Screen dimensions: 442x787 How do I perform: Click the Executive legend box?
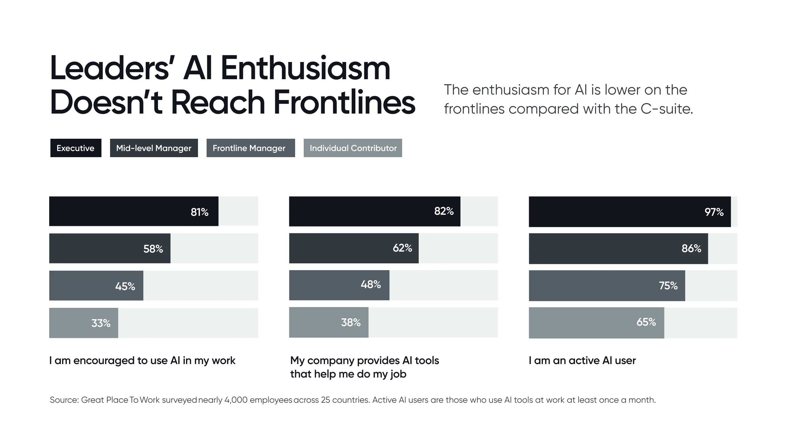pyautogui.click(x=76, y=148)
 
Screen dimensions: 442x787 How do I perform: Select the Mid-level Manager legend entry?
pyautogui.click(x=154, y=148)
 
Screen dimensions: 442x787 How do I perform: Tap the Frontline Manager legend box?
pyautogui.click(x=250, y=148)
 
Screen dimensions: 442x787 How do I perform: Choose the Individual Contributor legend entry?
pyautogui.click(x=353, y=148)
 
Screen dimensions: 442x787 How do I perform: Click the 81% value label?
pyautogui.click(x=200, y=212)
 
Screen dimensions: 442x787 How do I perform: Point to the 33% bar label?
pyautogui.click(x=101, y=323)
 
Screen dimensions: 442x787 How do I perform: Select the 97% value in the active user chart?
pyautogui.click(x=714, y=212)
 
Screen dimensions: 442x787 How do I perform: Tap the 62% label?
pyautogui.click(x=402, y=248)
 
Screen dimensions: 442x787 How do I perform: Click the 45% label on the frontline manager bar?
pyautogui.click(x=125, y=286)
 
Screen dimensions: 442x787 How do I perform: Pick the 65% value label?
pyautogui.click(x=646, y=322)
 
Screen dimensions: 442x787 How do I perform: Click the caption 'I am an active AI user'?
pyautogui.click(x=582, y=360)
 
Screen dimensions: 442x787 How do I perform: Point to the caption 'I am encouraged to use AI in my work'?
pyautogui.click(x=142, y=360)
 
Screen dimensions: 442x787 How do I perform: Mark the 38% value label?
pyautogui.click(x=350, y=322)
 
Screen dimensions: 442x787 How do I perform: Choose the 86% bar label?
pyautogui.click(x=691, y=248)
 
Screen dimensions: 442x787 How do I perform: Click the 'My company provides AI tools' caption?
pyautogui.click(x=364, y=360)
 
